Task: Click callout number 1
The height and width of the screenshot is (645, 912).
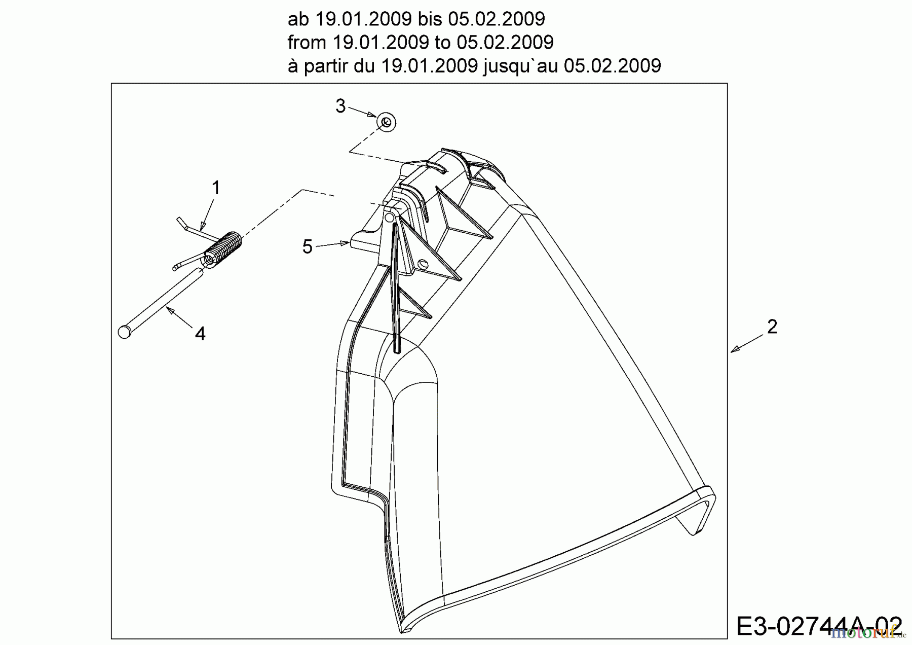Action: (216, 188)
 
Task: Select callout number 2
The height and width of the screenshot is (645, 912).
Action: (772, 327)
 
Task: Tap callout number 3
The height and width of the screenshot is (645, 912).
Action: (340, 106)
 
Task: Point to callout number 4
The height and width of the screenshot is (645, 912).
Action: (200, 334)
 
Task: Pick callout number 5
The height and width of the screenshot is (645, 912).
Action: (307, 247)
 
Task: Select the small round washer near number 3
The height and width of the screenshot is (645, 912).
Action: (386, 123)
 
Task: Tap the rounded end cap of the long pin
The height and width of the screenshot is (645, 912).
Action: (124, 332)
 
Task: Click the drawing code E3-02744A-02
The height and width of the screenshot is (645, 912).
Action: (819, 626)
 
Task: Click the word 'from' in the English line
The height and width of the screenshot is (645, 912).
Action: (307, 43)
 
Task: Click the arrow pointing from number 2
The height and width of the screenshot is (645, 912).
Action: (747, 343)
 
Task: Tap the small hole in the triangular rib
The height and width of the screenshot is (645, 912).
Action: (423, 265)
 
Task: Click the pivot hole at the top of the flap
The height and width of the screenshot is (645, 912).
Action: (389, 217)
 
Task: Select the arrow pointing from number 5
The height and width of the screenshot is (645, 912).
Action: (333, 245)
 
